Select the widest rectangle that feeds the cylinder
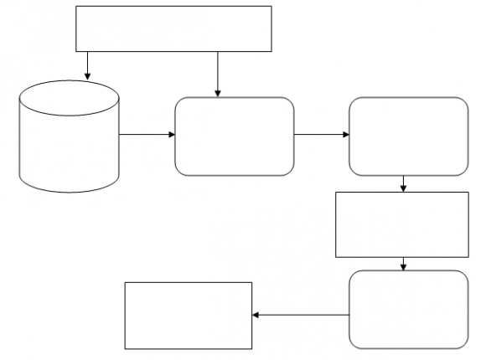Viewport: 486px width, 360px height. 174,28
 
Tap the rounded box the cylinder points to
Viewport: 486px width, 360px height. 234,136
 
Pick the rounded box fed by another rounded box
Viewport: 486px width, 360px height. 408,136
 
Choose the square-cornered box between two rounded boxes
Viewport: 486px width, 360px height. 401,224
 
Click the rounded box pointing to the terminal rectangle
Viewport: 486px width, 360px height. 408,309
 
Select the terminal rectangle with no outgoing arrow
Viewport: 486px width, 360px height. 188,315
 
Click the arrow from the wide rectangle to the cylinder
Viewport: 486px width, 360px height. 87,65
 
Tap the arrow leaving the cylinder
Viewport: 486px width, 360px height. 146,134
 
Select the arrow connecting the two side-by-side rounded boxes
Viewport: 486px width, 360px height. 321,134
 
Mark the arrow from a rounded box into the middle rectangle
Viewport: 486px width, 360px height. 404,183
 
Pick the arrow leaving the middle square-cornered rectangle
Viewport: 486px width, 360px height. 404,263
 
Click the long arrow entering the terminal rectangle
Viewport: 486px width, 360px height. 302,315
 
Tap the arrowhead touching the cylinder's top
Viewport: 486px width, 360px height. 87,77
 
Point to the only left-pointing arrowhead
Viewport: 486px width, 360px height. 256,315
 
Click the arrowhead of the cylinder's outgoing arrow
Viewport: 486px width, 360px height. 171,134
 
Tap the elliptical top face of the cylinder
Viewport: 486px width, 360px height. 70,97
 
